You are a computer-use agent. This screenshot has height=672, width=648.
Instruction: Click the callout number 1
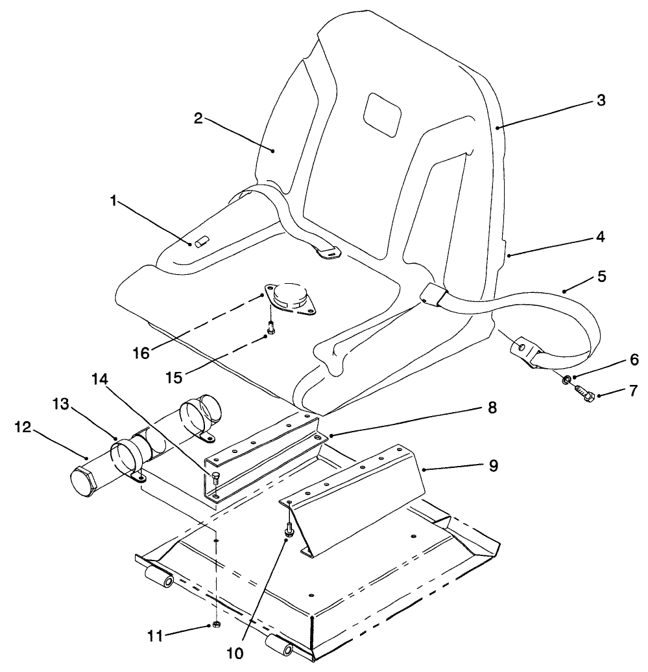(113, 202)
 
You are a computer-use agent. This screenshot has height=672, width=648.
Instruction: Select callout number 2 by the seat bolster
(198, 118)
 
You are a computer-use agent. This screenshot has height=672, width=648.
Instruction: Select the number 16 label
(141, 353)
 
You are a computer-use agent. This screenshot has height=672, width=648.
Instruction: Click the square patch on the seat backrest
(383, 114)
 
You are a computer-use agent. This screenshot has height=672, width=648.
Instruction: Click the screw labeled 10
(287, 531)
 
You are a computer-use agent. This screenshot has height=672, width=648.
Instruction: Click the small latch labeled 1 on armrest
(199, 242)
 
